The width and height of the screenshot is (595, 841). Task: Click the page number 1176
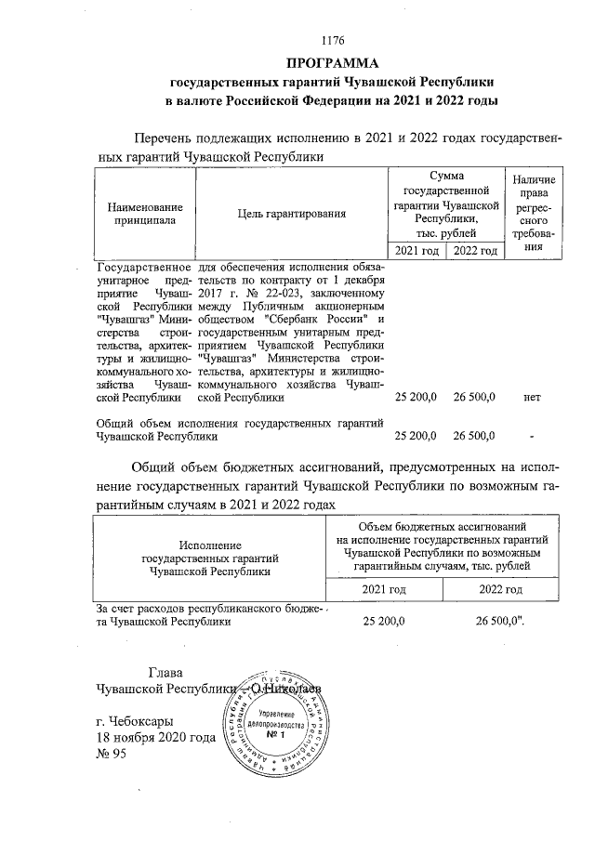coord(332,40)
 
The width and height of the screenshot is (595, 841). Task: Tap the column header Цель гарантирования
coord(292,214)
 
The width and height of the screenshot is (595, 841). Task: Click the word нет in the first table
coord(532,397)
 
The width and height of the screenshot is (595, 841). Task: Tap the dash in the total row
coord(532,435)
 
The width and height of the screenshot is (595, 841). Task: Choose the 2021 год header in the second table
coord(384,589)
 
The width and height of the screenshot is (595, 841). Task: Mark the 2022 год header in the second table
coord(500,589)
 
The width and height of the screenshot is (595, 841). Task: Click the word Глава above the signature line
coord(166,672)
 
